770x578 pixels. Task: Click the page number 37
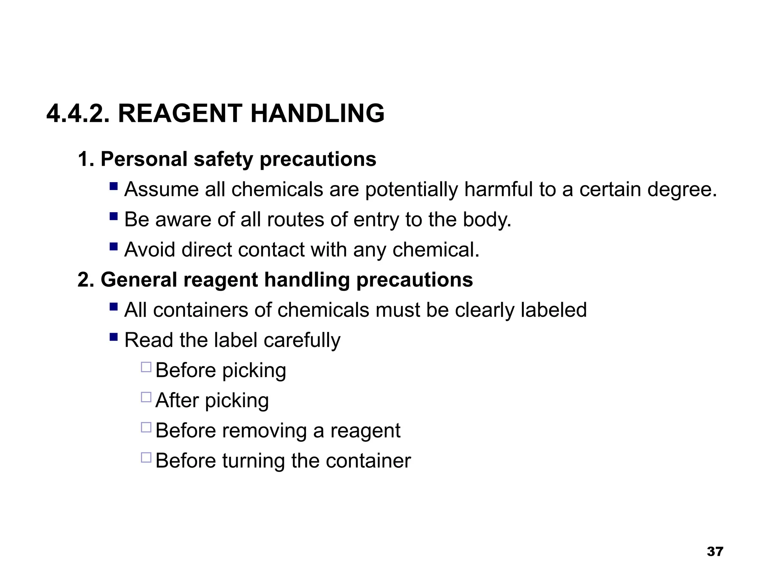tap(715, 551)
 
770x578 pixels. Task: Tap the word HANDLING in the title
tap(317, 113)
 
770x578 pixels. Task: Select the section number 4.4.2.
tap(78, 113)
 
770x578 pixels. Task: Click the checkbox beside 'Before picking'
tap(146, 367)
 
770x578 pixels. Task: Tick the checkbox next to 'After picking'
tap(146, 397)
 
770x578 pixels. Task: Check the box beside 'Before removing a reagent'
tap(146, 427)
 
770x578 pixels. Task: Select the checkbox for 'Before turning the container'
tap(146, 457)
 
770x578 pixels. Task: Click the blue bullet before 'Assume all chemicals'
tap(114, 186)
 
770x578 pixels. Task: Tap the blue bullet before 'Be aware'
tap(114, 216)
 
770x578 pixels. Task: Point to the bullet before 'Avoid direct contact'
tap(114, 247)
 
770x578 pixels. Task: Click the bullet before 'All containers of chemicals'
tap(114, 307)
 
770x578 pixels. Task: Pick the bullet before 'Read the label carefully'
tap(114, 337)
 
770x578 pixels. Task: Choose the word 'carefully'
tap(302, 341)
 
